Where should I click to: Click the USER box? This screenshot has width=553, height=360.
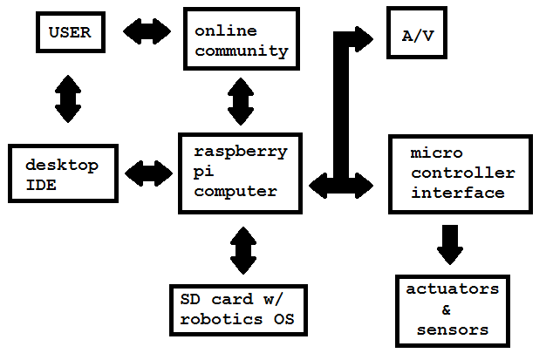point(70,33)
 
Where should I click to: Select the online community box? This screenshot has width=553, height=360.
point(241,40)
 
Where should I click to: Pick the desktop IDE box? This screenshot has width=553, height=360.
point(61,173)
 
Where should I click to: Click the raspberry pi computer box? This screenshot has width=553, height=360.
point(241,173)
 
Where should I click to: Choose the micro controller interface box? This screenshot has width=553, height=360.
point(460,173)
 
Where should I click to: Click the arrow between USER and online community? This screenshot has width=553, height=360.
point(147,33)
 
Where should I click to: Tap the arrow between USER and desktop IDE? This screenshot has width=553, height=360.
point(68,98)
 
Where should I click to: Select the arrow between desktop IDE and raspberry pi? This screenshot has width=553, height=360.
point(148,173)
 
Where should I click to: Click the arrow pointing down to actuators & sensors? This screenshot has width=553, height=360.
point(450,244)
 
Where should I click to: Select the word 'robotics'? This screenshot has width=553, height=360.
point(215,320)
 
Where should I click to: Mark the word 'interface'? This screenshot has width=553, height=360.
point(458,193)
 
